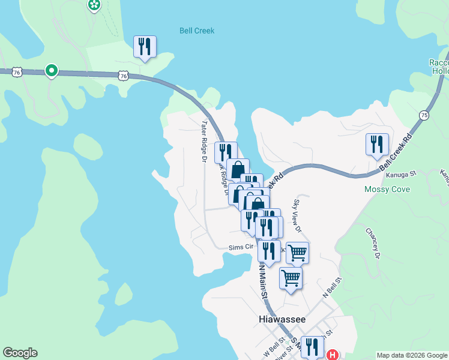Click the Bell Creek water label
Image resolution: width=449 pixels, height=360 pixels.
tap(196, 31)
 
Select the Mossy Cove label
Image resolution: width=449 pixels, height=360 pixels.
tap(387, 189)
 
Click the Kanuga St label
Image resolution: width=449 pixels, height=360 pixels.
tap(401, 175)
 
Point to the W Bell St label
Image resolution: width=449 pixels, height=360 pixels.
tap(273, 349)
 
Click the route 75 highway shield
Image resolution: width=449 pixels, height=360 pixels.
tap(424, 115)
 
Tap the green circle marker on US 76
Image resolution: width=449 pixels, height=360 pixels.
tap(52, 71)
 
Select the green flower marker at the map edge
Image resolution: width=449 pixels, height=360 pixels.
tap(94, 5)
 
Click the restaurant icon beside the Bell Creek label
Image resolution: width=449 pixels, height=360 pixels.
tap(145, 46)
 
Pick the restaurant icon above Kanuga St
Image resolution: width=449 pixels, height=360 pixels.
tap(377, 144)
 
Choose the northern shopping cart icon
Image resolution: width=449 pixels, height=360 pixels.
tap(297, 253)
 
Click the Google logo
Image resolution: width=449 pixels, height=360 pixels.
tap(20, 353)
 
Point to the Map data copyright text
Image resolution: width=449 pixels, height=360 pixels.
tap(411, 355)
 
